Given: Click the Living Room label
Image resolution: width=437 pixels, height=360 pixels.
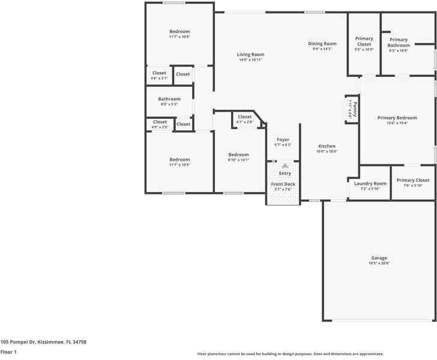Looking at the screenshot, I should click(250, 55).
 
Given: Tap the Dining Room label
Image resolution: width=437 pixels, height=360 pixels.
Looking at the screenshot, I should click(322, 44).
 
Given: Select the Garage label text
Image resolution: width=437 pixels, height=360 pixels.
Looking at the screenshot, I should click(379, 258).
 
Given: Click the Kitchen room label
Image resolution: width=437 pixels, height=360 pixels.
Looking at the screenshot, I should click(327, 146).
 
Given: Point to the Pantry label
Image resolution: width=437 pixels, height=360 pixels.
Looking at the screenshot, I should click(355, 110).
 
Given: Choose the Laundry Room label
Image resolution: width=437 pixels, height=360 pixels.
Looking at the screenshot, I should click(370, 184).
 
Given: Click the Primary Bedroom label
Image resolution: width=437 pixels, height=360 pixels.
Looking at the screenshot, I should click(397, 118).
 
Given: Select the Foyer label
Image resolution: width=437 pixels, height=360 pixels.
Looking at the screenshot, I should click(283, 140).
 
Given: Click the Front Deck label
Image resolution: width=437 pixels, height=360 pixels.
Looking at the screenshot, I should click(283, 184).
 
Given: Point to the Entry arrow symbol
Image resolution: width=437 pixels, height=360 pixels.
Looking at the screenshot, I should click(285, 165).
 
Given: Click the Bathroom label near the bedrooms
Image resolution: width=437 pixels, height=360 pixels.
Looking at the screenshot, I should click(169, 99).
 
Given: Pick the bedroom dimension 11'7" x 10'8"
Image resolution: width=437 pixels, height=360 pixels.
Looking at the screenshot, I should click(179, 37).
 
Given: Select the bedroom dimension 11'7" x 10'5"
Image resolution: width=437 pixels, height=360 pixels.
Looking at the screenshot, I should click(179, 166).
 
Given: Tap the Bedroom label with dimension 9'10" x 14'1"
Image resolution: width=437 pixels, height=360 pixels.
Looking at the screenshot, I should click(238, 154).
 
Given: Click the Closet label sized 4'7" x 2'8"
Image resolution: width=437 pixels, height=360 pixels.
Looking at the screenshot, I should click(245, 117).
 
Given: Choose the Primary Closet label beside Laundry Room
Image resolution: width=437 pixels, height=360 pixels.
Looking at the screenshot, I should click(413, 181).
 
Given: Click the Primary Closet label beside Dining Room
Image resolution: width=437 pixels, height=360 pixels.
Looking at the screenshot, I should click(364, 41).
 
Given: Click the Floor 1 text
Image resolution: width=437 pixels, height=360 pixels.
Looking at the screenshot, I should click(8, 352).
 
